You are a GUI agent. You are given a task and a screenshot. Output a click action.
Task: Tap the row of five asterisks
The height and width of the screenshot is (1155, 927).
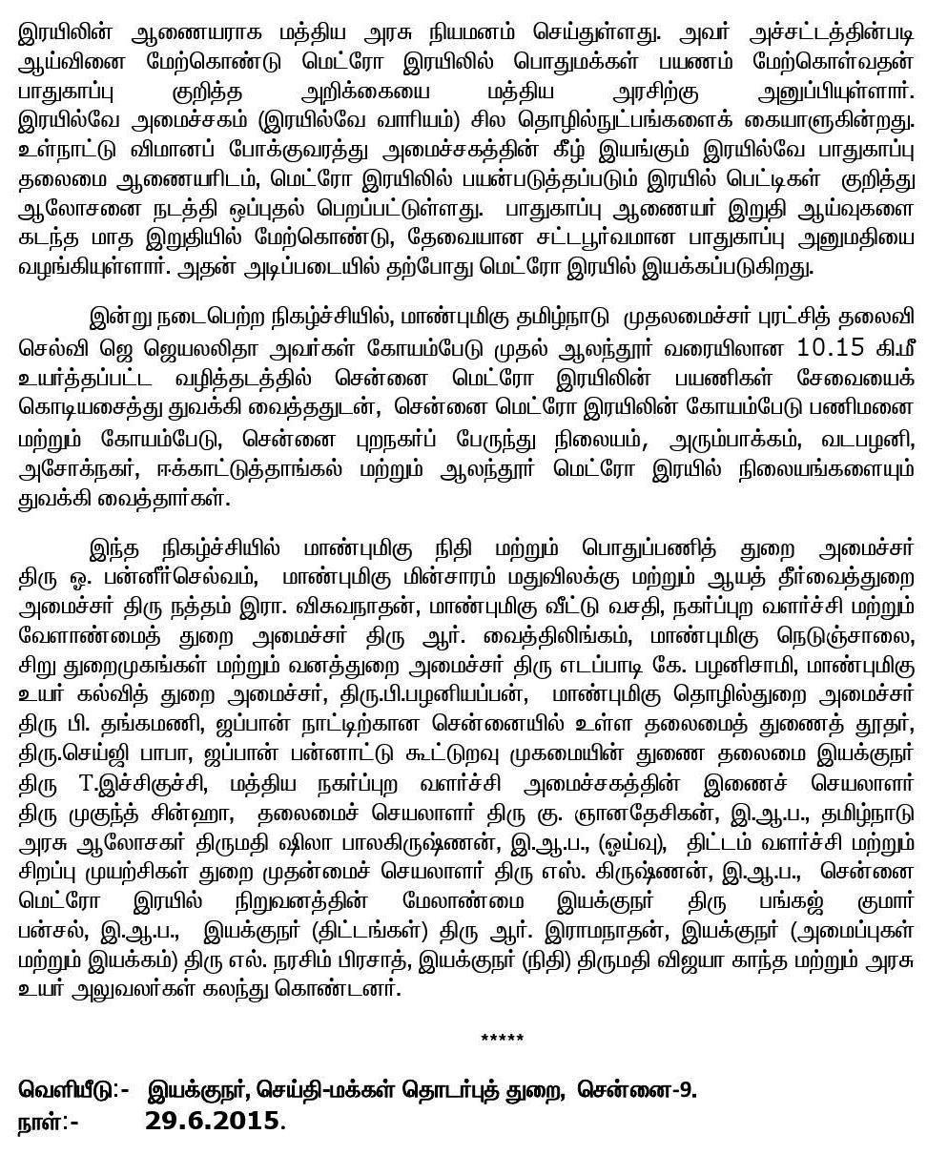click(x=502, y=1038)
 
